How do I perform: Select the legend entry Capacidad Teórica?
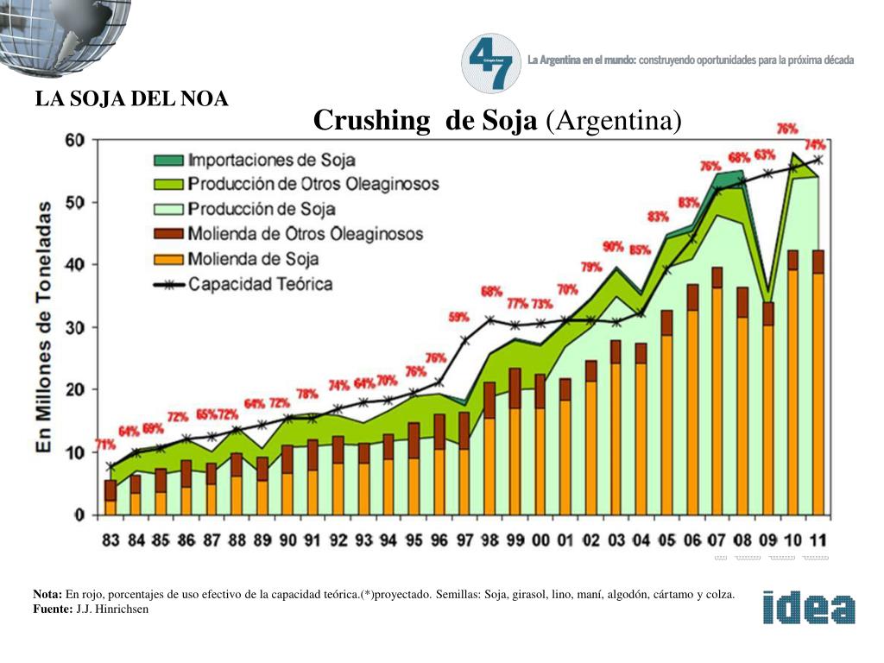coord(260,284)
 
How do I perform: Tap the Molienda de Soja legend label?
coord(253,259)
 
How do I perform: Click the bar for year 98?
coord(489,448)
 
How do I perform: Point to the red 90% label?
coord(613,247)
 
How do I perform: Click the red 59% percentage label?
coord(459,317)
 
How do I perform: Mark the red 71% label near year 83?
coord(105,445)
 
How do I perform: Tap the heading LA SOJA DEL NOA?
coord(131,99)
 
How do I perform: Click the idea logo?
coord(809,608)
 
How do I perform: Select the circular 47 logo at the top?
coord(491,63)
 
